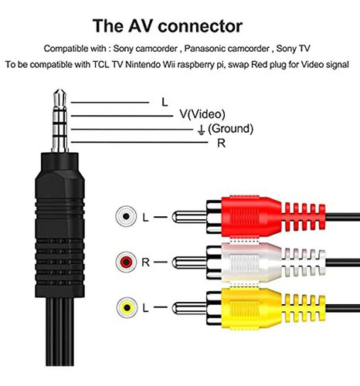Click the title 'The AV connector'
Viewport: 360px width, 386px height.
(x=168, y=25)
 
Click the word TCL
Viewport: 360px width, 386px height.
(x=101, y=64)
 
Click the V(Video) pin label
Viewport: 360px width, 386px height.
(x=202, y=114)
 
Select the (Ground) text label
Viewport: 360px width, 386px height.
(x=230, y=128)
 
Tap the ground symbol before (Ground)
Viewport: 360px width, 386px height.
(x=201, y=130)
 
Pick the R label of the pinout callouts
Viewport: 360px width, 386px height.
(x=222, y=144)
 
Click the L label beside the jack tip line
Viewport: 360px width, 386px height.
(x=165, y=103)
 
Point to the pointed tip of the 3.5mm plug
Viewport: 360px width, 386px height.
(x=59, y=90)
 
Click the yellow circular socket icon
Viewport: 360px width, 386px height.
(x=127, y=307)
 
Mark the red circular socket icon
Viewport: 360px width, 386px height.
(x=127, y=262)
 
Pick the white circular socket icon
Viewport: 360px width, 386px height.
(x=126, y=216)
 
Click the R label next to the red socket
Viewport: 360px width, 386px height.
(x=145, y=262)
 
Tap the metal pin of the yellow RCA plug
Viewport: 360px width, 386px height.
(x=189, y=308)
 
